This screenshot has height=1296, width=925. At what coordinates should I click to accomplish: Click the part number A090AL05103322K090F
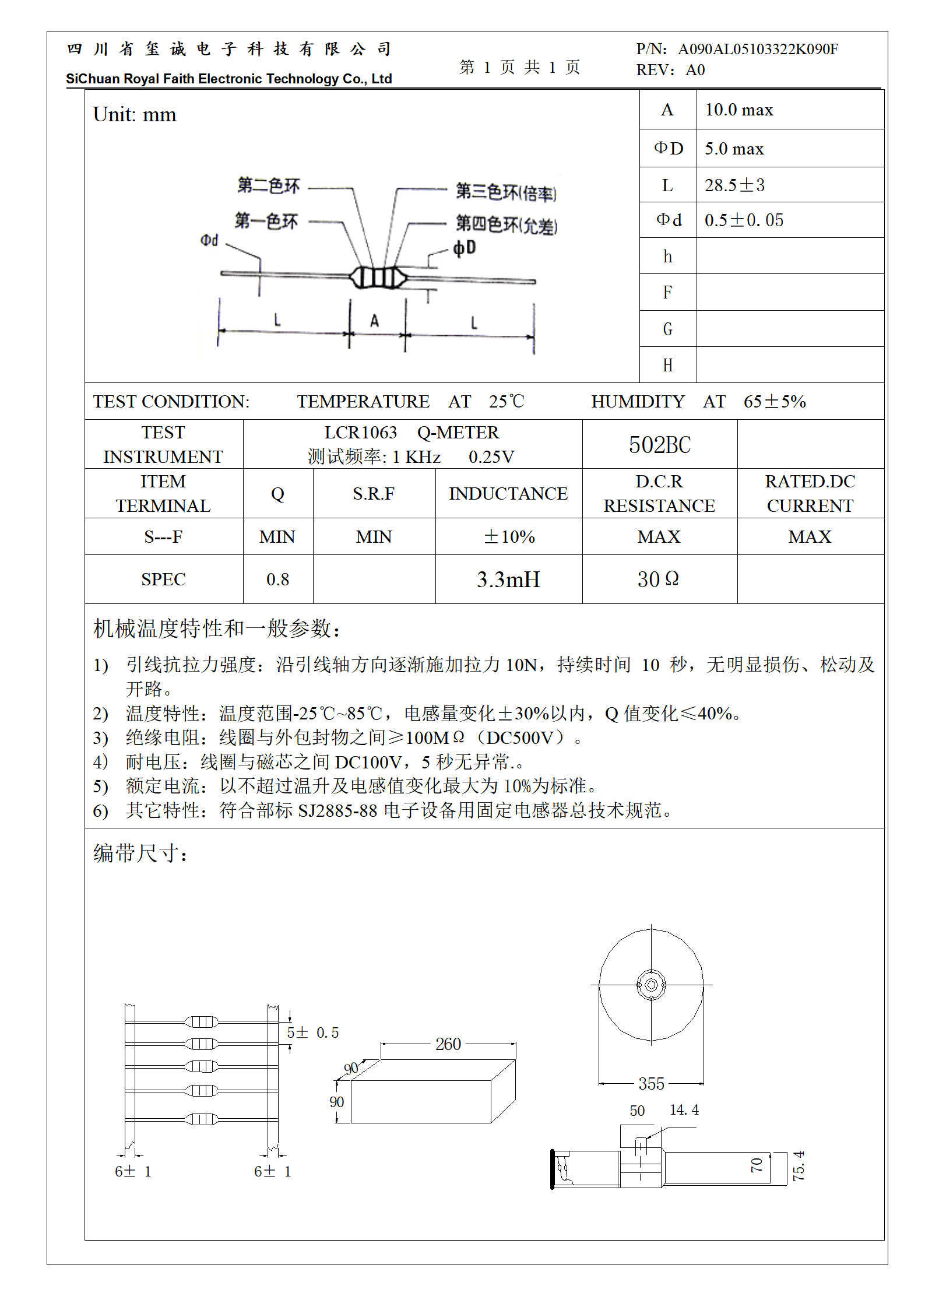758,49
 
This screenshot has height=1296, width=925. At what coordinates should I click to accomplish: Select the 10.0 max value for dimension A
738,110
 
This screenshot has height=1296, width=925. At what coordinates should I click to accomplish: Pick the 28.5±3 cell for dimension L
734,185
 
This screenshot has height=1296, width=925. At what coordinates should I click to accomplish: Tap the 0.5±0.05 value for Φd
744,220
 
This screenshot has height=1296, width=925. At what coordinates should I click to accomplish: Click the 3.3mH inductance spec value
508,579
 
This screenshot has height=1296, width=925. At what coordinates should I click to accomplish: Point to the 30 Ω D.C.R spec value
658,579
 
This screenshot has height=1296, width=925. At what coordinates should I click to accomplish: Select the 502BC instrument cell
659,445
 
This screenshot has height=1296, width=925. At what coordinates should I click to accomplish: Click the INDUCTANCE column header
508,494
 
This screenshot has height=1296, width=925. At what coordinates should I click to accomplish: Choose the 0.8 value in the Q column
277,579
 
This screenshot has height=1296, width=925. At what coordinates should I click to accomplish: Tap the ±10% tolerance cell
509,536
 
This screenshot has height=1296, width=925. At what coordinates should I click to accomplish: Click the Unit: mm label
135,115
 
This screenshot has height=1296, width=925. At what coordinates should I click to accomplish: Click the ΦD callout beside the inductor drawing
465,248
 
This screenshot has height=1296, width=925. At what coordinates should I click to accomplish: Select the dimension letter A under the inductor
374,321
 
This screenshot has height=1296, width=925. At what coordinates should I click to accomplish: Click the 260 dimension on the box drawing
448,1044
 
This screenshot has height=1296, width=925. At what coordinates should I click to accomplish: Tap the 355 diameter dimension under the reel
651,1083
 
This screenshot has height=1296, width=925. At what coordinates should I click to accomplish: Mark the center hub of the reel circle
651,985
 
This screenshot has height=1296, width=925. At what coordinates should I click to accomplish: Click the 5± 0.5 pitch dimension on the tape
312,1033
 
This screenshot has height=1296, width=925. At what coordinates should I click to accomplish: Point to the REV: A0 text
670,71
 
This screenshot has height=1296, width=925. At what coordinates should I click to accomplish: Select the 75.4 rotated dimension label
798,1165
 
